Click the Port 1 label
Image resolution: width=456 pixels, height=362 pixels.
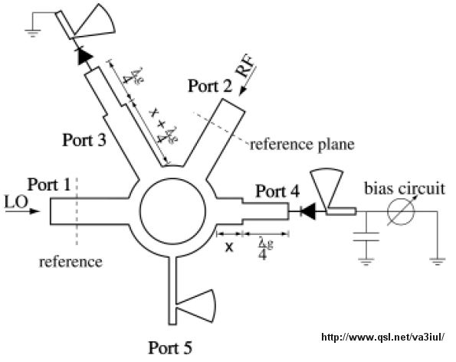(x=49, y=184)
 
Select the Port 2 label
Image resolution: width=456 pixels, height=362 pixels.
(x=210, y=86)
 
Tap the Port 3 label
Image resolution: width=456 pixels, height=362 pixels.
(x=84, y=140)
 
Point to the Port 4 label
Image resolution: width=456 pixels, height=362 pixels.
(x=277, y=191)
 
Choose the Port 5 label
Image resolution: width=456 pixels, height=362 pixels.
(x=170, y=347)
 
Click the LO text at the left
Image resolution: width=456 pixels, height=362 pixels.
(x=16, y=202)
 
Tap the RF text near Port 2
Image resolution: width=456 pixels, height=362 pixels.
(x=245, y=67)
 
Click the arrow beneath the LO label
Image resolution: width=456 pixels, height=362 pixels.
(x=22, y=211)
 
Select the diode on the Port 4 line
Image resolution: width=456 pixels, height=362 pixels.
(x=307, y=211)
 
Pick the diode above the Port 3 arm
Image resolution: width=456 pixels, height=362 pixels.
(x=84, y=57)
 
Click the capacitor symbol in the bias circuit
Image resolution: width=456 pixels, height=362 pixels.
(x=366, y=236)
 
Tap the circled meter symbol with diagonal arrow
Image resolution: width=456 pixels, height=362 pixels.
(x=402, y=211)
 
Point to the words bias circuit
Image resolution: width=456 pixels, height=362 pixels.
(x=405, y=189)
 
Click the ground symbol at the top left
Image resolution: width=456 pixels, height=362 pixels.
(x=32, y=33)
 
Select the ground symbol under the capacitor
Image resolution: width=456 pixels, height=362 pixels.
(x=366, y=262)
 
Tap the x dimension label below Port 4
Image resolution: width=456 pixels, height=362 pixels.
(x=229, y=247)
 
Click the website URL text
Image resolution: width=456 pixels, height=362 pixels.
(x=383, y=337)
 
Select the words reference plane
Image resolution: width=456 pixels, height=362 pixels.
(x=303, y=145)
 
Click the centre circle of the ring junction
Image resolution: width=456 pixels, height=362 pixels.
(x=173, y=210)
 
